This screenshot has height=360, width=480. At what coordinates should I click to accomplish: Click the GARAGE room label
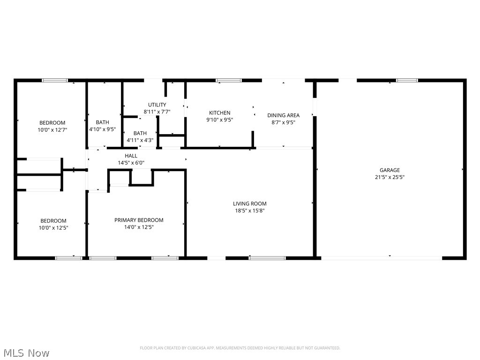pos(390,170)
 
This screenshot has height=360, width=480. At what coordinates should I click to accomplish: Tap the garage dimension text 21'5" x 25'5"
pos(390,177)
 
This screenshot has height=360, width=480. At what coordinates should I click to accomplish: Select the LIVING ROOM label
pos(250,203)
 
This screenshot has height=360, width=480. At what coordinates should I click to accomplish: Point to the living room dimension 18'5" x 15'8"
pos(250,210)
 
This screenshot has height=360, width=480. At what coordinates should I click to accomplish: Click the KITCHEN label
pos(219,112)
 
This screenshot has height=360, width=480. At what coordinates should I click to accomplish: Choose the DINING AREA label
pos(283,115)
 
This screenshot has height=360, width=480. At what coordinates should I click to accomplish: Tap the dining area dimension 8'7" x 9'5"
pos(283,122)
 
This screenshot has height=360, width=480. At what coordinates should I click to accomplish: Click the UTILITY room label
pos(157,105)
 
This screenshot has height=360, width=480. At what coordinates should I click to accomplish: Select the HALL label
pos(131,156)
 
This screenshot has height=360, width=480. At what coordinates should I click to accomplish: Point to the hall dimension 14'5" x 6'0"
pos(131,163)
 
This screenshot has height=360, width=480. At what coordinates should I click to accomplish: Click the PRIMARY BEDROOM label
pos(139,220)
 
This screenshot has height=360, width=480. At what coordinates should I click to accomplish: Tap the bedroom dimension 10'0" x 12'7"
pos(52,130)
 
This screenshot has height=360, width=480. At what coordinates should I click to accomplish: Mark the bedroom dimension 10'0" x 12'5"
pos(53,228)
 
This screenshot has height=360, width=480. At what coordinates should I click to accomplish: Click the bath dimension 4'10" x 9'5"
pos(102,129)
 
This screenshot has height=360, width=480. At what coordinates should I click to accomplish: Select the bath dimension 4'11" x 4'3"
pos(140,140)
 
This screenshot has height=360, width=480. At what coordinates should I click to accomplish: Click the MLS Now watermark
pos(26,352)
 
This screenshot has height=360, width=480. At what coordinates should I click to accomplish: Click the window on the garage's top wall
pos(407,81)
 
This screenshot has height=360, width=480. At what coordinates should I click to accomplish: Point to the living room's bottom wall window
pos(267,257)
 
